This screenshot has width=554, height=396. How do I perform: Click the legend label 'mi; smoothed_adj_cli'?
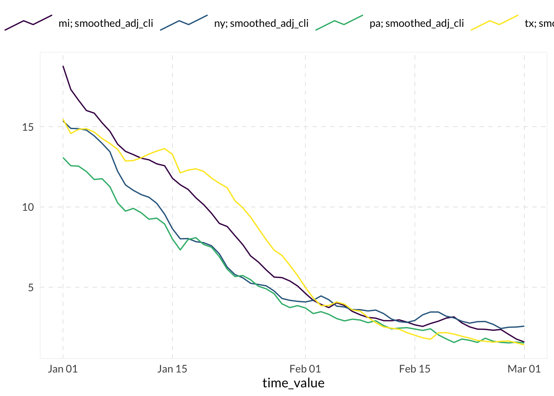click(106, 24)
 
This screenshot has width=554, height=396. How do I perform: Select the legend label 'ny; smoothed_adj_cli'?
click(261, 24)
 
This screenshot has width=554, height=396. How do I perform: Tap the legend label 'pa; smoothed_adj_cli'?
click(416, 24)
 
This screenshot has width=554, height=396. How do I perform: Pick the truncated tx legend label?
click(539, 24)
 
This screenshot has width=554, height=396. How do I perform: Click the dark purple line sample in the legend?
click(28, 22)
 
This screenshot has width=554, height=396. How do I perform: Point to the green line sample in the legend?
click(339, 22)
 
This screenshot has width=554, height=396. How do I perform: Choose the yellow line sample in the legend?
click(495, 22)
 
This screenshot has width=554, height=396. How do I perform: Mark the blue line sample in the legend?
click(184, 22)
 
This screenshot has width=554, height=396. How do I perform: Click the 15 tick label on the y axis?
click(28, 127)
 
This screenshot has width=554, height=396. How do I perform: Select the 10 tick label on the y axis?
click(28, 207)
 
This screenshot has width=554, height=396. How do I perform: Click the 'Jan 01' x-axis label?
click(63, 369)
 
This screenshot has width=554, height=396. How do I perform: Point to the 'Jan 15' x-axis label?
click(172, 369)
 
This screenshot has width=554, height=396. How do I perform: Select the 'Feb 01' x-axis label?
click(305, 369)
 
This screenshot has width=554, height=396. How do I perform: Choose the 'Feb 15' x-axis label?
click(415, 369)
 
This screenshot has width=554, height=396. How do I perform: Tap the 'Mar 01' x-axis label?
click(524, 369)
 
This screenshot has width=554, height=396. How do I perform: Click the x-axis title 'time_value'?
click(293, 383)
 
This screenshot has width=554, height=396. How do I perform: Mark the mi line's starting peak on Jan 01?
click(63, 66)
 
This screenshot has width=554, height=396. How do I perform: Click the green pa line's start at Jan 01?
click(63, 158)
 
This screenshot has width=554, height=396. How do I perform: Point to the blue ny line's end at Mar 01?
click(524, 326)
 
